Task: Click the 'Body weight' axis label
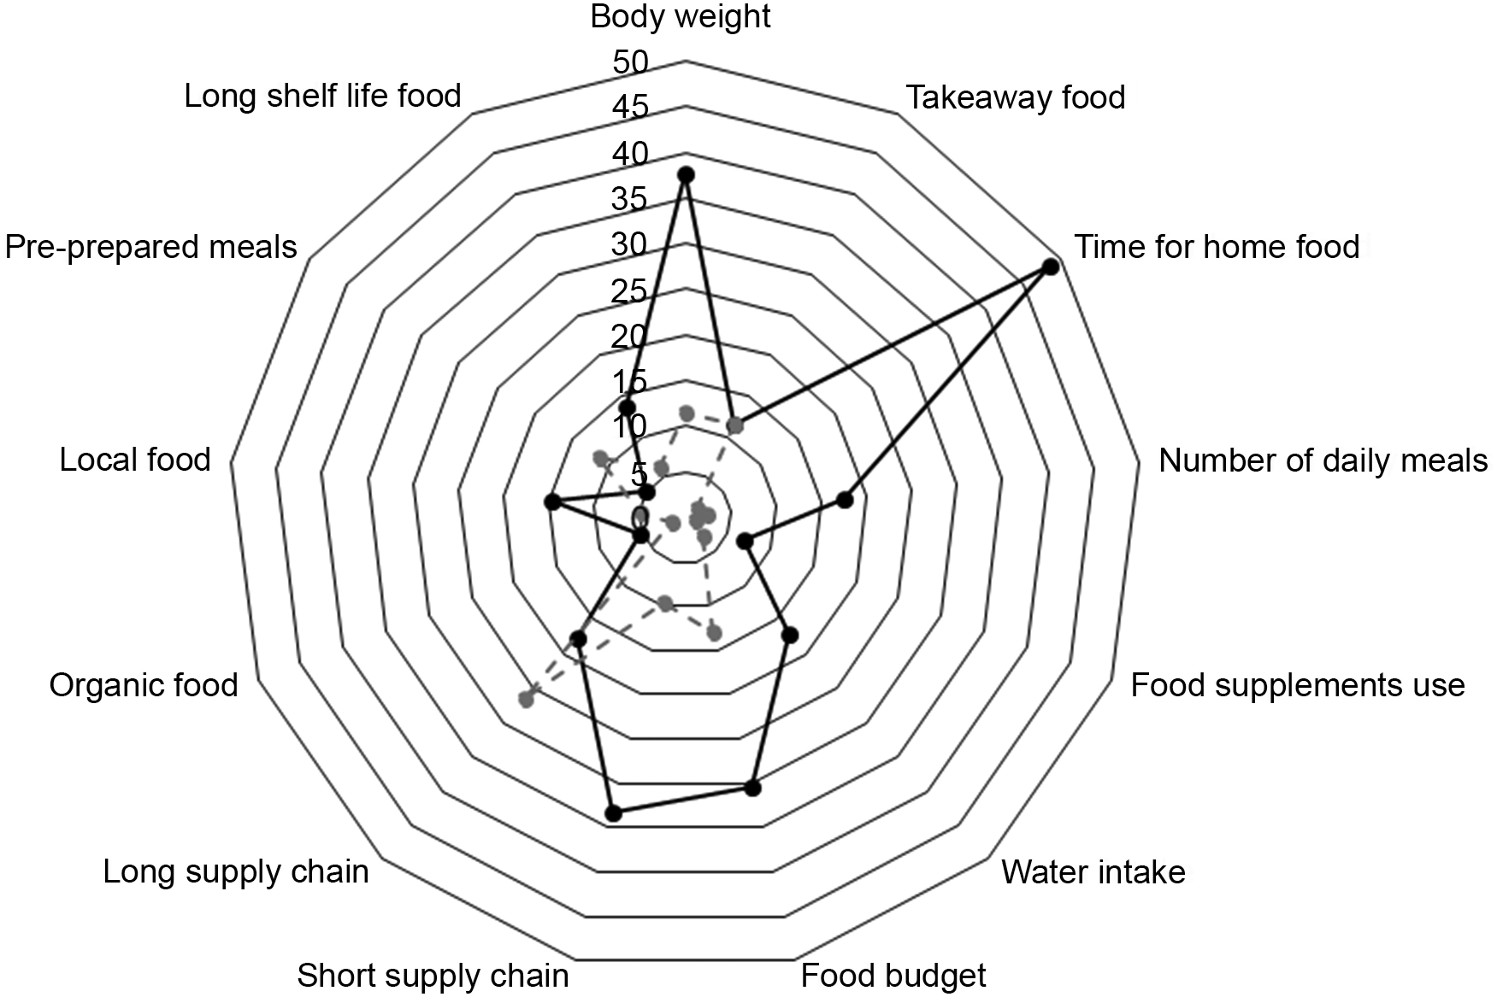[681, 17]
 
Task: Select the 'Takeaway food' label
[1015, 97]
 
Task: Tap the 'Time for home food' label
[1216, 247]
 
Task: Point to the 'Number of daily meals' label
[1323, 460]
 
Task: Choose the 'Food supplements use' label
[1297, 685]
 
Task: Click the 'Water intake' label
[1093, 872]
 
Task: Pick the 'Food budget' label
[893, 975]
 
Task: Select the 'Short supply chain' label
[433, 975]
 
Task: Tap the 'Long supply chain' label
[236, 872]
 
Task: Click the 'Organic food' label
[144, 685]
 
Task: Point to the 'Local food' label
[135, 460]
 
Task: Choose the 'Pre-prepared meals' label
[151, 247]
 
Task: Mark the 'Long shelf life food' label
[323, 96]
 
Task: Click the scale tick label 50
[630, 62]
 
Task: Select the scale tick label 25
[630, 291]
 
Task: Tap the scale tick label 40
[630, 154]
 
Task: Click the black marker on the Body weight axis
[685, 175]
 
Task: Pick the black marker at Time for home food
[1051, 267]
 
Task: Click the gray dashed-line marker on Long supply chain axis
[527, 701]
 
